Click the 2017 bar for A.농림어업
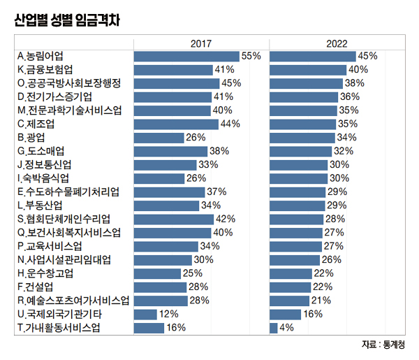[185, 56]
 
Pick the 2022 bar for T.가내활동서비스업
[273, 328]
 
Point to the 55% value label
[251, 56]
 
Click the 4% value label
[286, 328]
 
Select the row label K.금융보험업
[48, 69]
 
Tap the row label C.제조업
[41, 124]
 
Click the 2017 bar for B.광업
[158, 137]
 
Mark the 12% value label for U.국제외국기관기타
[169, 315]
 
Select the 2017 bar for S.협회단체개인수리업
[172, 219]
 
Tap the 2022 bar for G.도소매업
[300, 151]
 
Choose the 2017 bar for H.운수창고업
[156, 273]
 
